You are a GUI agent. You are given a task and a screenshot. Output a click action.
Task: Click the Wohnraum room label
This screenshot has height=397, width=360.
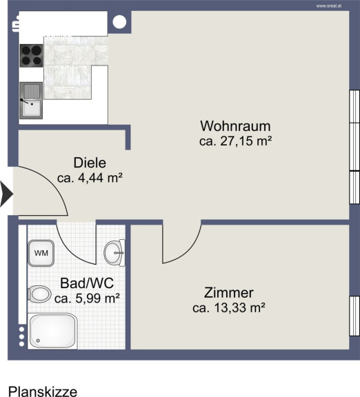point(235,126)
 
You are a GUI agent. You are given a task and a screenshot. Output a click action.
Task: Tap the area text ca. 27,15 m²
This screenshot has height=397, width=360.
point(236,141)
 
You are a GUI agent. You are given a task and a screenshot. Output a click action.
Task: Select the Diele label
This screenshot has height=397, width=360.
point(90,163)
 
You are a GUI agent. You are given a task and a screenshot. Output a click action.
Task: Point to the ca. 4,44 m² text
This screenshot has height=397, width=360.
point(90,178)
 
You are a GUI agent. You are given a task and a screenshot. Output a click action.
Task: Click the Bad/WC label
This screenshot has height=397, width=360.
point(87,283)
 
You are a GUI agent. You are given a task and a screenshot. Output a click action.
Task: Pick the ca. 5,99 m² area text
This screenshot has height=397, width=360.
point(87,298)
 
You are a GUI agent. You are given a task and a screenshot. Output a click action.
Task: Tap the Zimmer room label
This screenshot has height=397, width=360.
point(229,293)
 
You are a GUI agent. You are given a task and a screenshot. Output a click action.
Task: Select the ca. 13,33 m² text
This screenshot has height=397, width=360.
point(229,308)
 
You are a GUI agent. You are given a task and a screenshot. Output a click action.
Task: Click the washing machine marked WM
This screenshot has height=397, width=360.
point(41,253)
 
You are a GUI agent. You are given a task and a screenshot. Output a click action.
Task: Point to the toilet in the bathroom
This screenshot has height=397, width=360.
point(39,294)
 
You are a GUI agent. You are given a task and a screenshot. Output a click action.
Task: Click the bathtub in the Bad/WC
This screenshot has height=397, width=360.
point(52,331)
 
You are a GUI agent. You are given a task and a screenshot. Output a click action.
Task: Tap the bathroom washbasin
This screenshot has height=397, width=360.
point(114,253)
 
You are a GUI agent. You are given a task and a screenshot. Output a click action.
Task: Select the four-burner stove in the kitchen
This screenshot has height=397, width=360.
point(31,56)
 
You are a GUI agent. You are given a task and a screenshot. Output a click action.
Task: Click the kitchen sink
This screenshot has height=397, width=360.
point(31,101)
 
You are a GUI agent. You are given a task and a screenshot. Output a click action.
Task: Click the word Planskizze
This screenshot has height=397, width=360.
point(43,391)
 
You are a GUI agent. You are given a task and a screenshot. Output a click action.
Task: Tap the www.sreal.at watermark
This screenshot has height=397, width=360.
point(329,6)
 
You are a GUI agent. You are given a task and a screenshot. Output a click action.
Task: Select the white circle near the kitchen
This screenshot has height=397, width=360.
point(119,22)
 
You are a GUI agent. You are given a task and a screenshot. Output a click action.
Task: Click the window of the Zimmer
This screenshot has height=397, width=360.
point(354,316)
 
